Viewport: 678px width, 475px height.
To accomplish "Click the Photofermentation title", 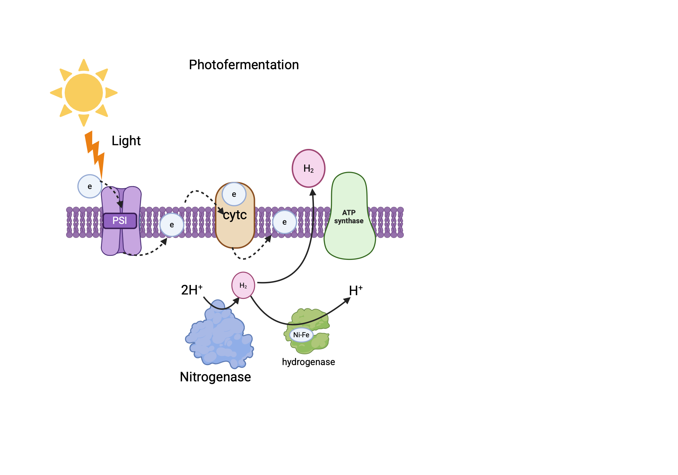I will [244, 65].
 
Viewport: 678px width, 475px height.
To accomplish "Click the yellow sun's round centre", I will [84, 93].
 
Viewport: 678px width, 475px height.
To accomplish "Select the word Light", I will [126, 141].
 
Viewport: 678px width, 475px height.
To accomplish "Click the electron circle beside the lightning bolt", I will [89, 186].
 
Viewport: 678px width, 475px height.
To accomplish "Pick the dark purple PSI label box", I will [120, 221].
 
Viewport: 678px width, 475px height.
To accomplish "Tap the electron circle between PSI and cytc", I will [172, 225].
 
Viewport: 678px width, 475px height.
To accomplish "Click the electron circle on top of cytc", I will [234, 194].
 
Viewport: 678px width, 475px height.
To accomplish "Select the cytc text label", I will [235, 215].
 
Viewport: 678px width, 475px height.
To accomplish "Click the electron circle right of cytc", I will [284, 222].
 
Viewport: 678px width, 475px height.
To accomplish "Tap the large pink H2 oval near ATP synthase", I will [308, 168].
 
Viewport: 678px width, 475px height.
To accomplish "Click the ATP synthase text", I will [349, 217].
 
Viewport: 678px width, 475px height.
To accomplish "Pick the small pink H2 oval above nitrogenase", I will [243, 285].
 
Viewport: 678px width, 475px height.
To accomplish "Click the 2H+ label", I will [192, 290].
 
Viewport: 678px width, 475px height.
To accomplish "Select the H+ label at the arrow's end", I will [356, 291].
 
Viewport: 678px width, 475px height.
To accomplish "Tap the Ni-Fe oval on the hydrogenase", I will [301, 335].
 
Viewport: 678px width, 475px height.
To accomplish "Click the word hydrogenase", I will [308, 362].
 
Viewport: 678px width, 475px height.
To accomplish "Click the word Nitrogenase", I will [215, 377].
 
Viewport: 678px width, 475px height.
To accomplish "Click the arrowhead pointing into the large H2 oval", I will [313, 192].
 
